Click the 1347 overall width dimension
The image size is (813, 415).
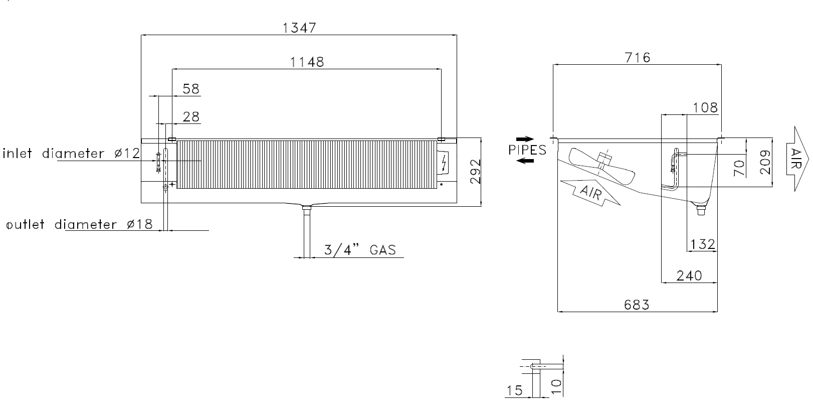(299, 28)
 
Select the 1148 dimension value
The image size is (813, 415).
(307, 62)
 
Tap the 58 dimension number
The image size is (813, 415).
(191, 89)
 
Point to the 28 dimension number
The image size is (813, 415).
(191, 117)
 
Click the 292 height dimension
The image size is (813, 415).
(476, 172)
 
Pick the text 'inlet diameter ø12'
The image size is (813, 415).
(71, 154)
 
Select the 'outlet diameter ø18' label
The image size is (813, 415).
(80, 224)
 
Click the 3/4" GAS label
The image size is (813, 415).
(360, 250)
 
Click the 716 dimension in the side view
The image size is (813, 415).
(638, 57)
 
